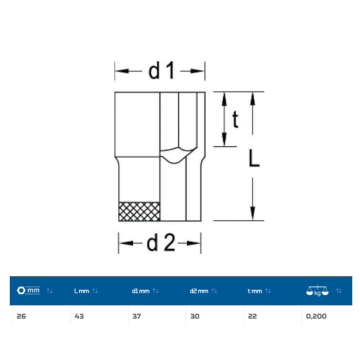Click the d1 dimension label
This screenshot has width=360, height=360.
pyautogui.click(x=162, y=71)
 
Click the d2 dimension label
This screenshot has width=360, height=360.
pyautogui.click(x=161, y=243)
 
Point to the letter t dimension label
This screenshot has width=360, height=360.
pyautogui.click(x=235, y=119)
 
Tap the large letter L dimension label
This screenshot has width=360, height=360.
pyautogui.click(x=254, y=158)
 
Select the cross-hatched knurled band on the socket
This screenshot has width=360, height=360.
pyautogui.click(x=140, y=212)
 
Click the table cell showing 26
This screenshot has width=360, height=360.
pyautogui.click(x=22, y=316)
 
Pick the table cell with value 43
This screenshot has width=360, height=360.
pyautogui.click(x=79, y=316)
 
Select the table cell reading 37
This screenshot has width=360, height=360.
pyautogui.click(x=137, y=316)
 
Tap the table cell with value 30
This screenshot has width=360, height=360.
pyautogui.click(x=195, y=316)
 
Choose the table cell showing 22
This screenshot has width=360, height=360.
pyautogui.click(x=253, y=316)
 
